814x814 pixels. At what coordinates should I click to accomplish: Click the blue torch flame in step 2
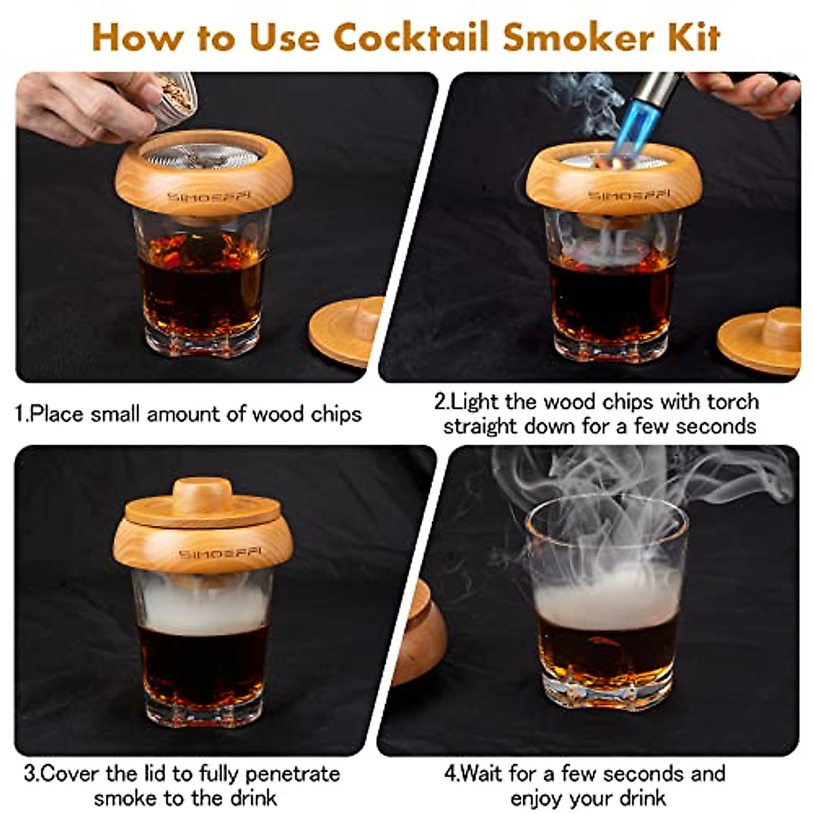click(x=627, y=129)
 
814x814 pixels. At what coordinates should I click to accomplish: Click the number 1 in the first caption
click(x=20, y=414)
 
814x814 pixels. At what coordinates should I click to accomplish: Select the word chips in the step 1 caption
click(x=336, y=414)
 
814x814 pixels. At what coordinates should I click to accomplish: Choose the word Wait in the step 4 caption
click(x=486, y=773)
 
